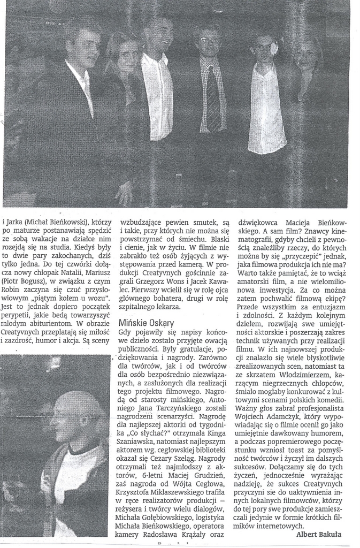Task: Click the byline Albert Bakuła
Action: point(319,534)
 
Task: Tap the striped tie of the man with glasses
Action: point(213,98)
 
